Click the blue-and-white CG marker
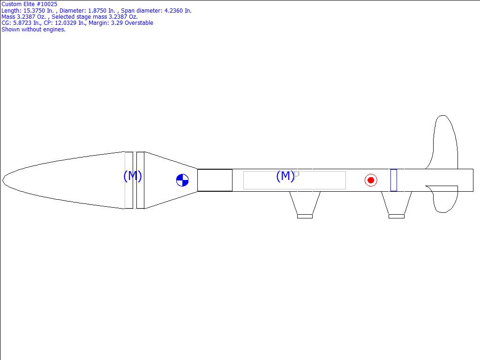[x=182, y=180]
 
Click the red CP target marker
[x=371, y=180]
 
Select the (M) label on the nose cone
[x=133, y=176]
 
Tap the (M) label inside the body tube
[x=285, y=176]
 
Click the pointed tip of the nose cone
[x=3, y=180]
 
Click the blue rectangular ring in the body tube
[x=394, y=180]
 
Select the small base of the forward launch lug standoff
[x=305, y=217]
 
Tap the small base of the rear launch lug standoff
[x=397, y=217]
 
